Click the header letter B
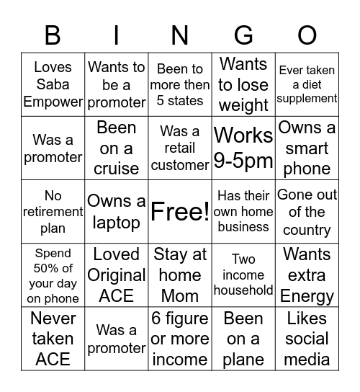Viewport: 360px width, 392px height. (x=53, y=35)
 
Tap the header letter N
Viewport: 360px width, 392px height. (x=180, y=35)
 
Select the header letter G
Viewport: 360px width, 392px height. (x=243, y=35)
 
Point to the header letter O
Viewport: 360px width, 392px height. (x=307, y=35)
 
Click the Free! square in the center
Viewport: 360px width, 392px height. (x=180, y=212)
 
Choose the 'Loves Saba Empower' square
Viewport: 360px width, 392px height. (x=53, y=84)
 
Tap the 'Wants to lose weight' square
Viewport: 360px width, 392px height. (x=243, y=84)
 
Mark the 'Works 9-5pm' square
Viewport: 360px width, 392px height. (x=243, y=148)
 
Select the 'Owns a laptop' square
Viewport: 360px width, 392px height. (x=117, y=212)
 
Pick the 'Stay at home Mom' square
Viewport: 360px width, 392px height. (x=180, y=275)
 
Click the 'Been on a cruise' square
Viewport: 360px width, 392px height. (x=117, y=148)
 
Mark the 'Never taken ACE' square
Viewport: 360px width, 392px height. (x=53, y=338)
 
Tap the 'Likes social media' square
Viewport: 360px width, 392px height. (x=307, y=338)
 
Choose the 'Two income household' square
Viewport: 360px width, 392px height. (x=243, y=275)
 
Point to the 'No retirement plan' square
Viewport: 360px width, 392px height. (x=53, y=212)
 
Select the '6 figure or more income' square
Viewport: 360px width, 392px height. (x=180, y=338)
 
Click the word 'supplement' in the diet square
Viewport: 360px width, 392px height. (x=307, y=99)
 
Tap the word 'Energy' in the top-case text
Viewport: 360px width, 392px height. (x=307, y=296)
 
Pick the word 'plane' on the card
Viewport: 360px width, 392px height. (x=243, y=360)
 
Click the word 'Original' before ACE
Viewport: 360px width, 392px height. (x=117, y=275)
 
